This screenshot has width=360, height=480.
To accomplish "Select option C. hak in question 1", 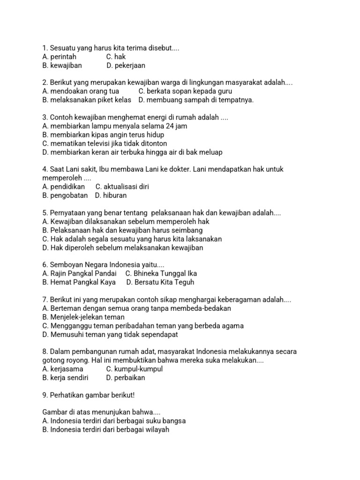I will (x=116, y=57).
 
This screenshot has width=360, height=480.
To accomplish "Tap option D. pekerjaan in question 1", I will (x=126, y=66).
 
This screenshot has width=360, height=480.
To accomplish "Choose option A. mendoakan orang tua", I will (x=81, y=91).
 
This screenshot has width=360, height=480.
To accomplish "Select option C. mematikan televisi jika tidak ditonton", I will (x=105, y=143).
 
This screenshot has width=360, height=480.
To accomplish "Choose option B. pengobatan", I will (x=65, y=195).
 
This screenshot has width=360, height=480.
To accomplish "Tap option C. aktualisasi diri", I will (x=122, y=187).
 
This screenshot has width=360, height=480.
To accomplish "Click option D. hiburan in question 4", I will (x=111, y=195).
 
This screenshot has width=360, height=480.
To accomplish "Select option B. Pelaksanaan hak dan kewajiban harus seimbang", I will (x=122, y=230).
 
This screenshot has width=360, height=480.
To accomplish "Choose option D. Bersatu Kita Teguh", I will (x=160, y=282).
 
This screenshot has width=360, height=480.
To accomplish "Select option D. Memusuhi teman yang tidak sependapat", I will (x=110, y=335).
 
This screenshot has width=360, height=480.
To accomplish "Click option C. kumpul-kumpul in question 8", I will (x=135, y=369).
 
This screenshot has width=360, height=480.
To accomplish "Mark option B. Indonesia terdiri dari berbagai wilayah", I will (x=105, y=429).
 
